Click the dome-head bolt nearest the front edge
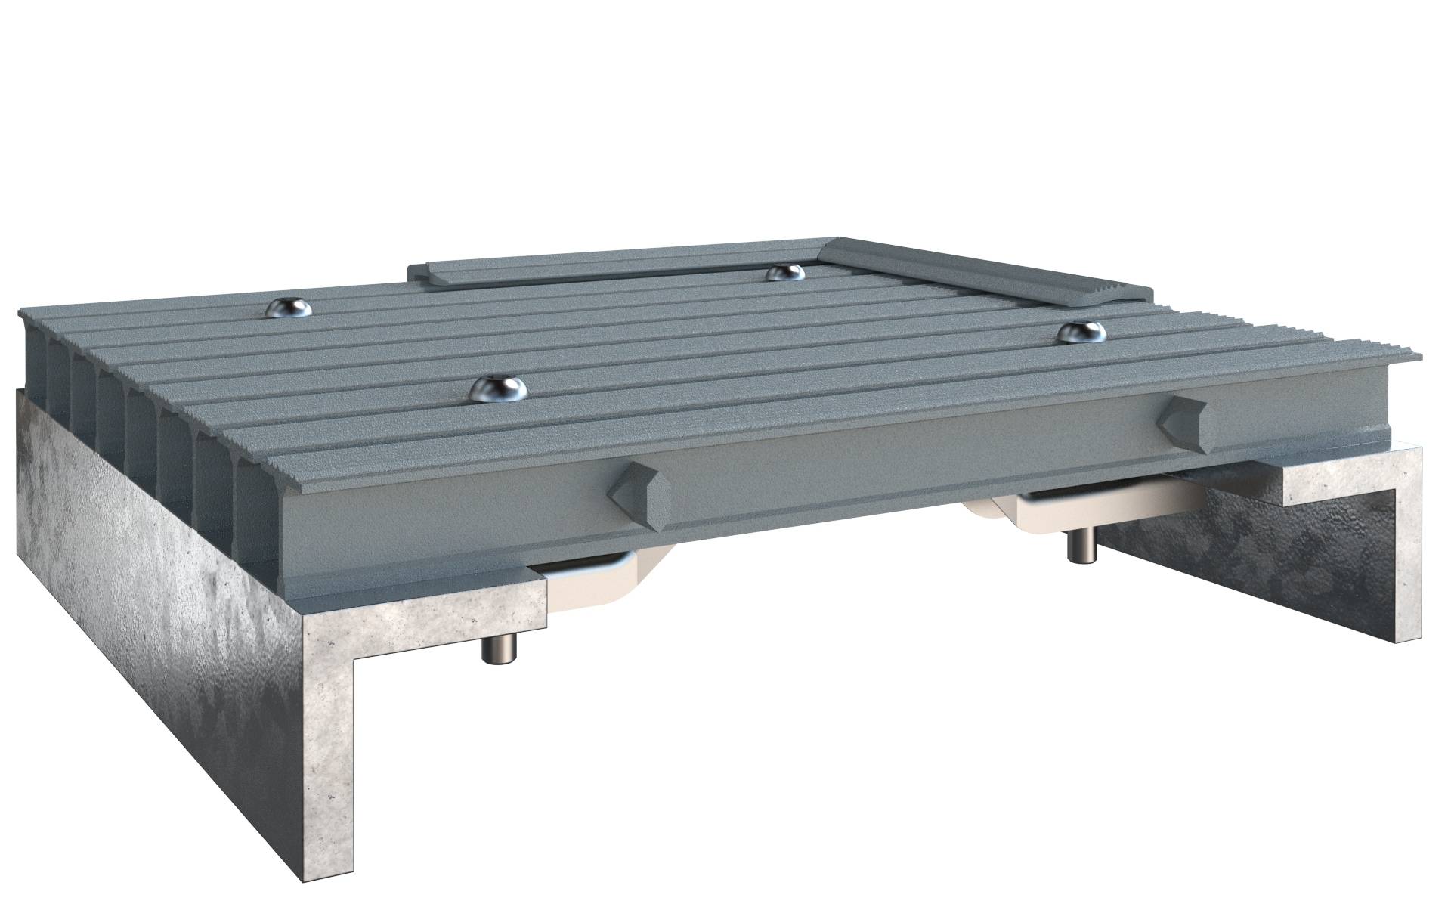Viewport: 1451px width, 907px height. [498, 388]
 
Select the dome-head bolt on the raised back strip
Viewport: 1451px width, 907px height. [784, 272]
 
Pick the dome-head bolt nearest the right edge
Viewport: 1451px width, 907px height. [1081, 332]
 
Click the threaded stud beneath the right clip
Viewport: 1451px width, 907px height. [1076, 547]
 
